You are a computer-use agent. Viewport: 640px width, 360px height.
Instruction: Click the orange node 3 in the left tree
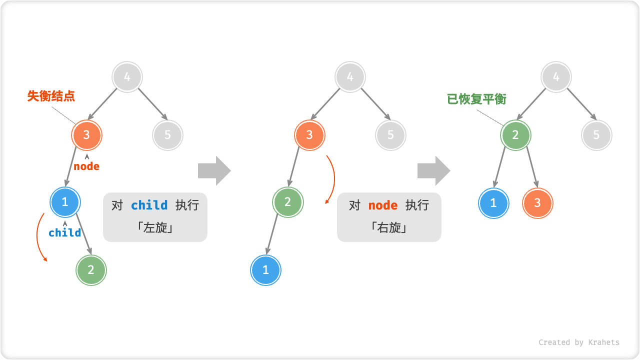tap(87, 135)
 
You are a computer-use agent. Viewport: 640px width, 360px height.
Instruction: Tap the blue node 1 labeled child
tap(65, 202)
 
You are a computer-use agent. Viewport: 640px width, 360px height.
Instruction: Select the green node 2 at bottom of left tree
tap(91, 270)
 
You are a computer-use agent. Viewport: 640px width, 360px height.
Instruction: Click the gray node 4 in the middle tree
tap(350, 77)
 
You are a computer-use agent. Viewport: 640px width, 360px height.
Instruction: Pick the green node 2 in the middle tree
tap(288, 202)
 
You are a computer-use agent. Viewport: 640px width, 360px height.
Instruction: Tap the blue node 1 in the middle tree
tap(265, 270)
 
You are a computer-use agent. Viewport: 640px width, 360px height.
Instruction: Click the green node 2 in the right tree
tap(515, 135)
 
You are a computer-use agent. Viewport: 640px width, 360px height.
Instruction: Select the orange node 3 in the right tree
tap(537, 203)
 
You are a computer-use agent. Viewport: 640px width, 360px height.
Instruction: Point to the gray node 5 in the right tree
tap(596, 135)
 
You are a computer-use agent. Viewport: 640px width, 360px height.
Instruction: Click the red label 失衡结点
tap(51, 96)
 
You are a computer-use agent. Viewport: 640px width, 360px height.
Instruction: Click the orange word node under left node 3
tap(86, 166)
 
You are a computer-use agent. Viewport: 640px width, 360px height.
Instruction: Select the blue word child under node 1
tap(65, 232)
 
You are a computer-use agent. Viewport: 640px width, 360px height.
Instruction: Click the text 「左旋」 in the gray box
tap(155, 228)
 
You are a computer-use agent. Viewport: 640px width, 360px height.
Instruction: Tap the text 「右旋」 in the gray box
tap(389, 228)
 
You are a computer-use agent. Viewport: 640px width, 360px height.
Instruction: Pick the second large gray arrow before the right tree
tap(433, 171)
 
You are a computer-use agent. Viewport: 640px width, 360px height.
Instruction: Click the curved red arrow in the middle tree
tap(332, 179)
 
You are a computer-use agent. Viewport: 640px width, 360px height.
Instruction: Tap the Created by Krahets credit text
tap(578, 342)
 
